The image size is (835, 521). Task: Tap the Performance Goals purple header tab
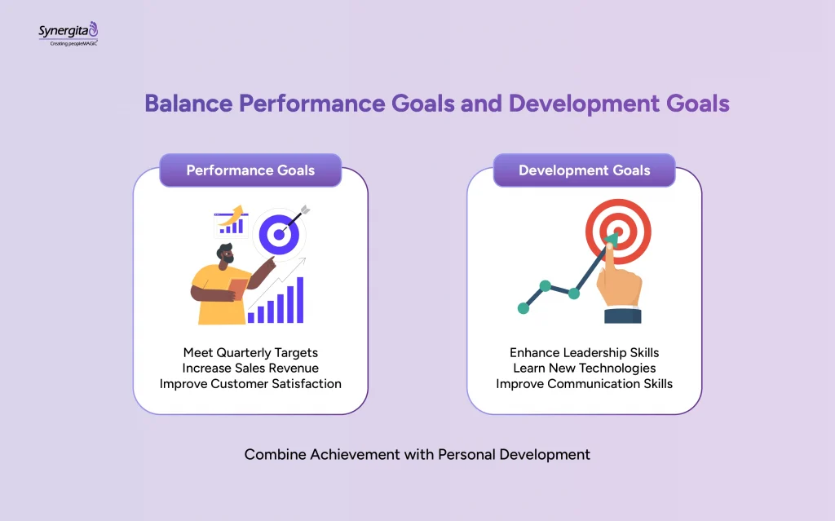point(250,170)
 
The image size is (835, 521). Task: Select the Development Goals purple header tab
point(584,170)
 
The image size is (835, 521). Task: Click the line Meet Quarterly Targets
point(250,352)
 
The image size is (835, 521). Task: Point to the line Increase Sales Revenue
point(250,368)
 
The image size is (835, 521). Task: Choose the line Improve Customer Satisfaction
point(250,383)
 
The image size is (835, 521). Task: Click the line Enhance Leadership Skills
point(584,352)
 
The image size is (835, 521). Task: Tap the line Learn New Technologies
point(584,368)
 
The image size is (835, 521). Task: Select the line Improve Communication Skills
point(584,383)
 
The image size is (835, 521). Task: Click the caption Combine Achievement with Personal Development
point(417,454)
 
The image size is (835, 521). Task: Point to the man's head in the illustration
point(226,256)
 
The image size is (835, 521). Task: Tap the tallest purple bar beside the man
point(299,299)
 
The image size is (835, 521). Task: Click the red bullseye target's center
point(617,231)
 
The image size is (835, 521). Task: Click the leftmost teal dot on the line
point(523,307)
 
